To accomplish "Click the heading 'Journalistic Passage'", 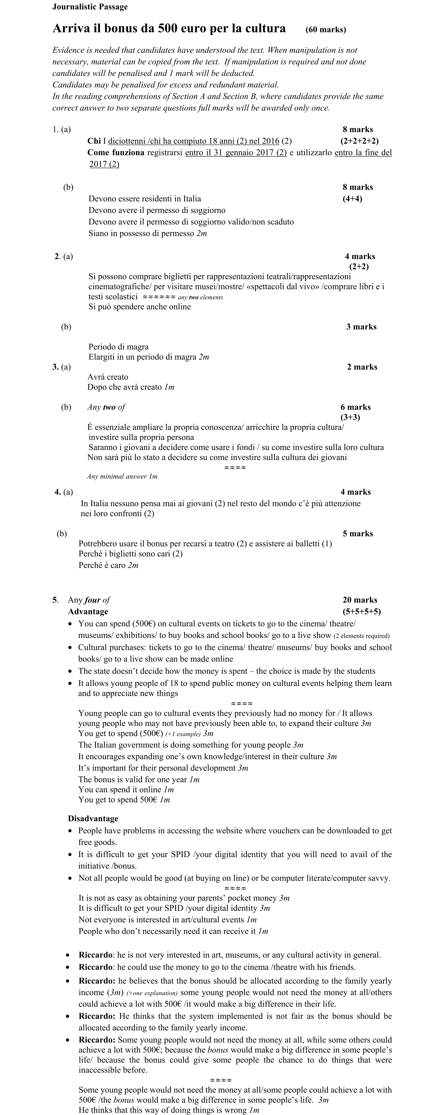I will (90, 7).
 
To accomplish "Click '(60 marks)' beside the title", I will (326, 30).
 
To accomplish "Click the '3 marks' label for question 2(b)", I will (361, 327).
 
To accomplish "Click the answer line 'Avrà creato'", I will (108, 377).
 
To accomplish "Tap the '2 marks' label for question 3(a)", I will (362, 367).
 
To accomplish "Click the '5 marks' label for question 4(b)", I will (358, 534).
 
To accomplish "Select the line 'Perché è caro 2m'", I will (108, 565).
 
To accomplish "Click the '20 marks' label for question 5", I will (360, 600).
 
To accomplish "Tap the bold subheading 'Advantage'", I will (88, 612).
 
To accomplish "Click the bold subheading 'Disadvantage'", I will (93, 818).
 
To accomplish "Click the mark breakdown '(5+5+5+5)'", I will (362, 612).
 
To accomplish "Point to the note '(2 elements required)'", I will (362, 636).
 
